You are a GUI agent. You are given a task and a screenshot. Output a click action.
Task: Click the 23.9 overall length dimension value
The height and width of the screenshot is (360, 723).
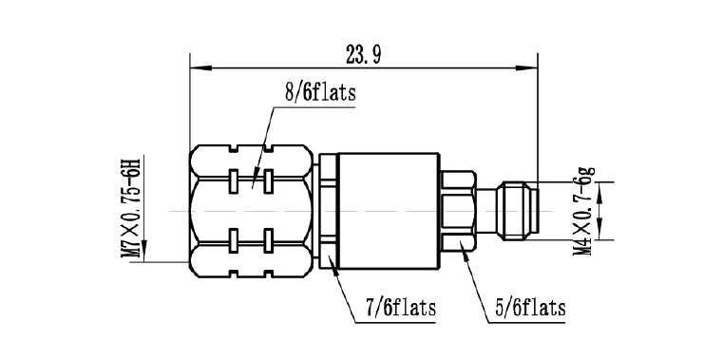[x=363, y=56]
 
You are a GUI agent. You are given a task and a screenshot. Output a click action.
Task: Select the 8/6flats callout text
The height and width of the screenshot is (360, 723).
[x=320, y=92]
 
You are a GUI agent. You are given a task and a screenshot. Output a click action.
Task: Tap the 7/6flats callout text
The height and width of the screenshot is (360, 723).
[x=401, y=308]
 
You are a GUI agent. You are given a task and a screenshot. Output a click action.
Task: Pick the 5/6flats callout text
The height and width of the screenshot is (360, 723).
[x=530, y=308]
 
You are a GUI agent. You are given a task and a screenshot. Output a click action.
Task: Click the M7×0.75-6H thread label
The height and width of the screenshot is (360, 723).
[x=130, y=208]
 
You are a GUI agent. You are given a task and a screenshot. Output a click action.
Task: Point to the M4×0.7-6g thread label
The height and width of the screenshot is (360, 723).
[x=582, y=211]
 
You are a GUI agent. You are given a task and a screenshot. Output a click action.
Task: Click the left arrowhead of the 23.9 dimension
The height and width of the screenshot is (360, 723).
[x=200, y=68]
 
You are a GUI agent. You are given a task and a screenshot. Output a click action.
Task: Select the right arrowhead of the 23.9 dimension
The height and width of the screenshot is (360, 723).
[x=527, y=68]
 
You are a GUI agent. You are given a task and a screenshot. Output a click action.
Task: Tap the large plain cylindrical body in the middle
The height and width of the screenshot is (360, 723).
[x=389, y=211]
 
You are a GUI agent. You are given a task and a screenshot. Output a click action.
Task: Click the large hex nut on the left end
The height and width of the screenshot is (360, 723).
[x=252, y=211]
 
